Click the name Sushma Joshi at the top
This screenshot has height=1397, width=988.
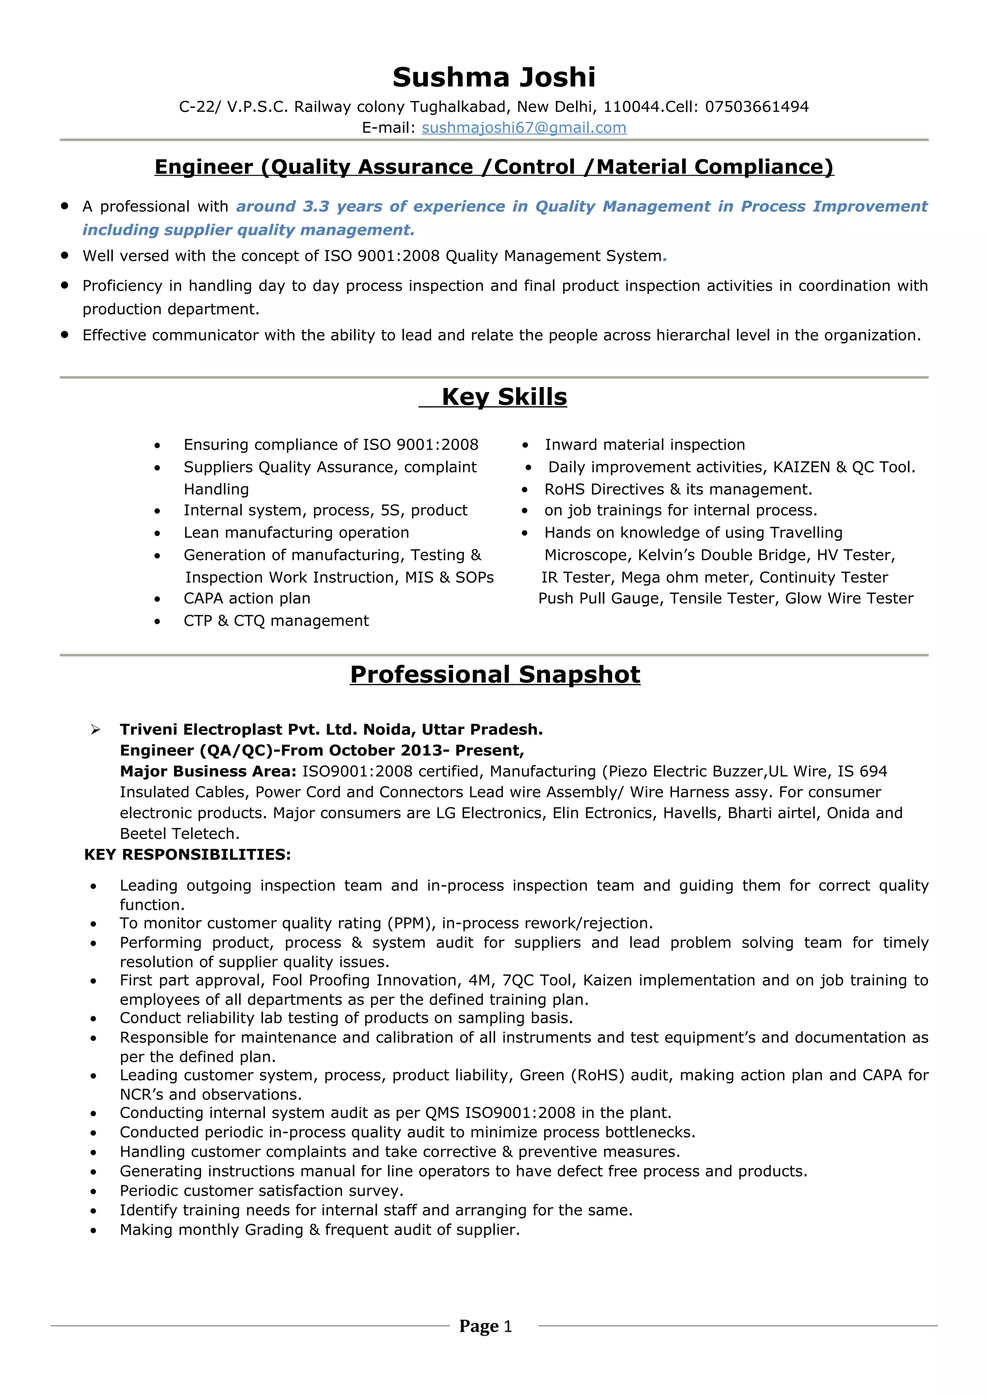click(494, 77)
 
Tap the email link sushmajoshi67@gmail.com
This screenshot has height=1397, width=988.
click(523, 128)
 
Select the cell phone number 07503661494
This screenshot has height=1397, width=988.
click(756, 107)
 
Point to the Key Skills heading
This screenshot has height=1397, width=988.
click(504, 397)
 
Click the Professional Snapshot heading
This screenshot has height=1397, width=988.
click(495, 674)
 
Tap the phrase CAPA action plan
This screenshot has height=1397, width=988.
click(247, 599)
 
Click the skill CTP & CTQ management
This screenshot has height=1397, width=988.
click(276, 621)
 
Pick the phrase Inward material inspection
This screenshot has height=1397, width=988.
click(645, 445)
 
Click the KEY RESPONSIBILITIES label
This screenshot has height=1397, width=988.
click(188, 855)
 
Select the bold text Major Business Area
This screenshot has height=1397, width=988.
click(207, 771)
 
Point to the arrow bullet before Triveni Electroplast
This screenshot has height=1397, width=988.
click(96, 729)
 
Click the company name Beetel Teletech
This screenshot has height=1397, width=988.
click(179, 833)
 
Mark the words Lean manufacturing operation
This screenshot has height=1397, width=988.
click(297, 533)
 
